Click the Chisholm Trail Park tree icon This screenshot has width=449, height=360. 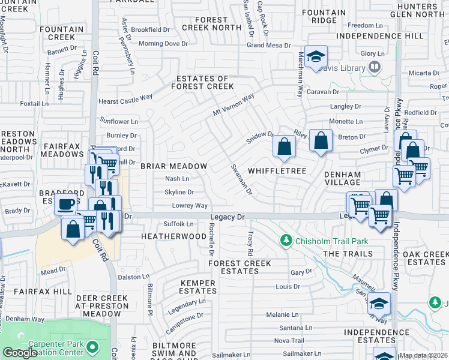(x=287, y=241)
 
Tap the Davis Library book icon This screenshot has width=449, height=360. (x=375, y=67)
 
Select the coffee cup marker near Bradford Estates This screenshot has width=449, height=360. (x=65, y=203)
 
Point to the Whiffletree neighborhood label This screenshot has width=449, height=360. (x=277, y=172)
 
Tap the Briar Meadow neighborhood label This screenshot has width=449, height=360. (x=173, y=166)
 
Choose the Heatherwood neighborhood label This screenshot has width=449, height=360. (x=173, y=236)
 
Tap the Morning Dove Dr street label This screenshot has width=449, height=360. (x=163, y=44)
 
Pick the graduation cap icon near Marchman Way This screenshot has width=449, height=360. (x=316, y=57)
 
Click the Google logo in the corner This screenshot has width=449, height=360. (x=20, y=353)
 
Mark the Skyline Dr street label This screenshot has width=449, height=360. (x=179, y=193)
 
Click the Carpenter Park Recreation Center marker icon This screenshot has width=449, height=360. (x=92, y=347)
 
